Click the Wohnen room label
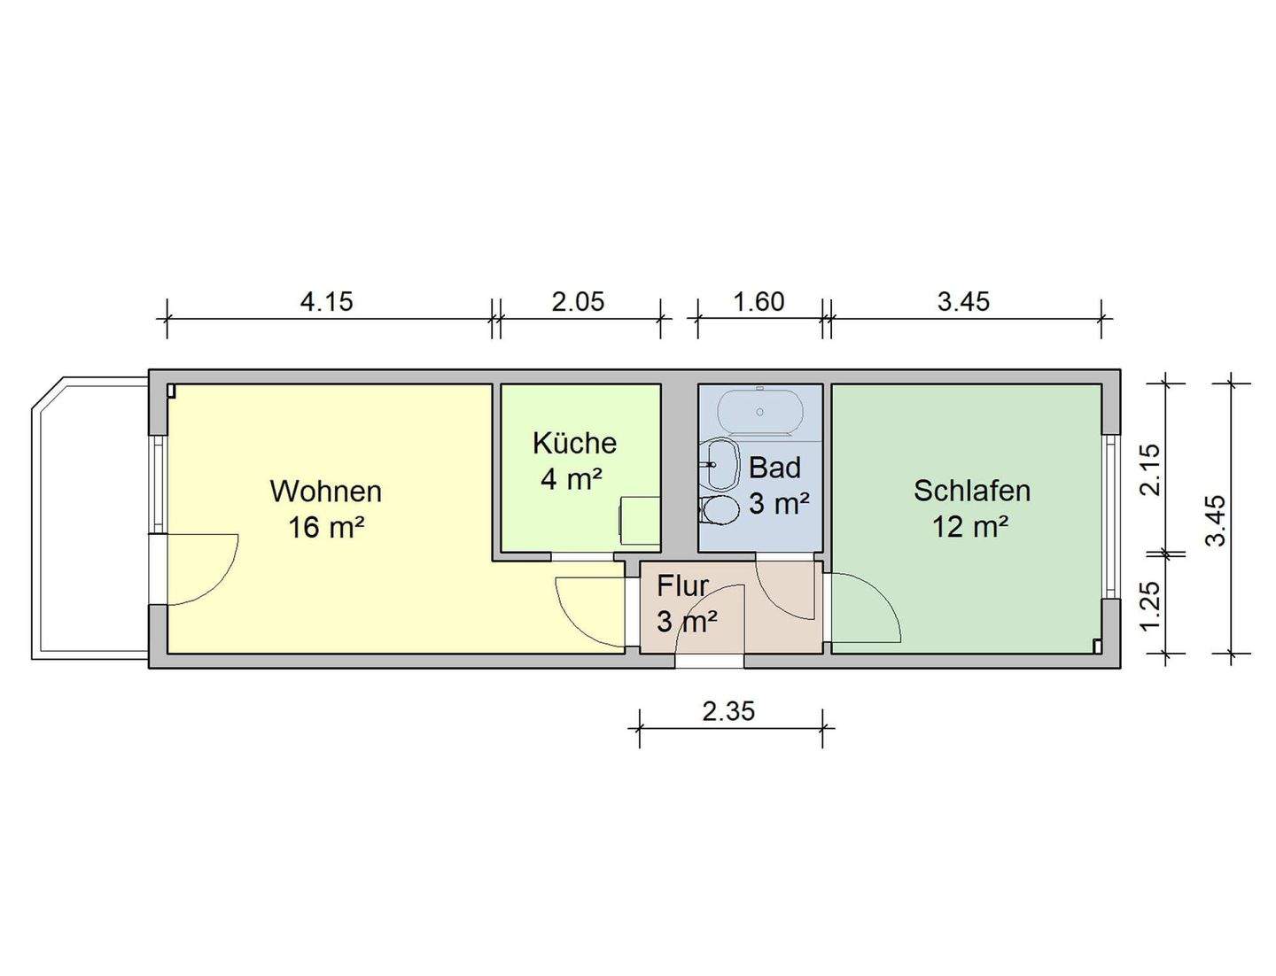coord(325,491)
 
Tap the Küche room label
coord(574,443)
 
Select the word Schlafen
coord(971,491)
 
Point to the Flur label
coord(682,586)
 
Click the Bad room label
coord(774,468)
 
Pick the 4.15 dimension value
coord(326,302)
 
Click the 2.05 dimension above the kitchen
coord(578,302)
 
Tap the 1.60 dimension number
coord(759,302)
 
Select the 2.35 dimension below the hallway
coord(728,711)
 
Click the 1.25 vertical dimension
coord(1149,606)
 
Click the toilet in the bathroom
coord(720,510)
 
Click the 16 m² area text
coord(325,528)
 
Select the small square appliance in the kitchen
coord(639,516)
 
